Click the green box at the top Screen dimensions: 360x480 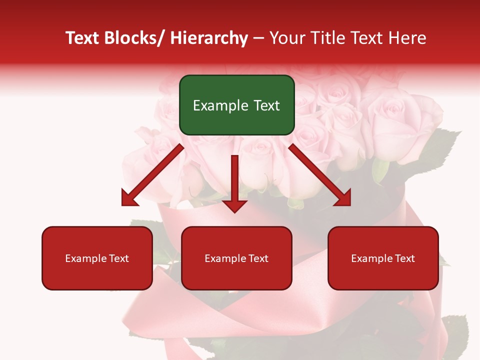click(236, 105)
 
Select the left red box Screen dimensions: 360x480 click(97, 258)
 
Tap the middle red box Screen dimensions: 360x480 click(236, 258)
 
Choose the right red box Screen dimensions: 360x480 click(383, 258)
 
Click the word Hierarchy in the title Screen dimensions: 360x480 click(209, 38)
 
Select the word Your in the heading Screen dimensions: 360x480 click(286, 38)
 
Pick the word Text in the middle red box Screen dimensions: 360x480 click(257, 258)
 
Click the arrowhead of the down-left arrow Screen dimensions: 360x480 click(130, 197)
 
